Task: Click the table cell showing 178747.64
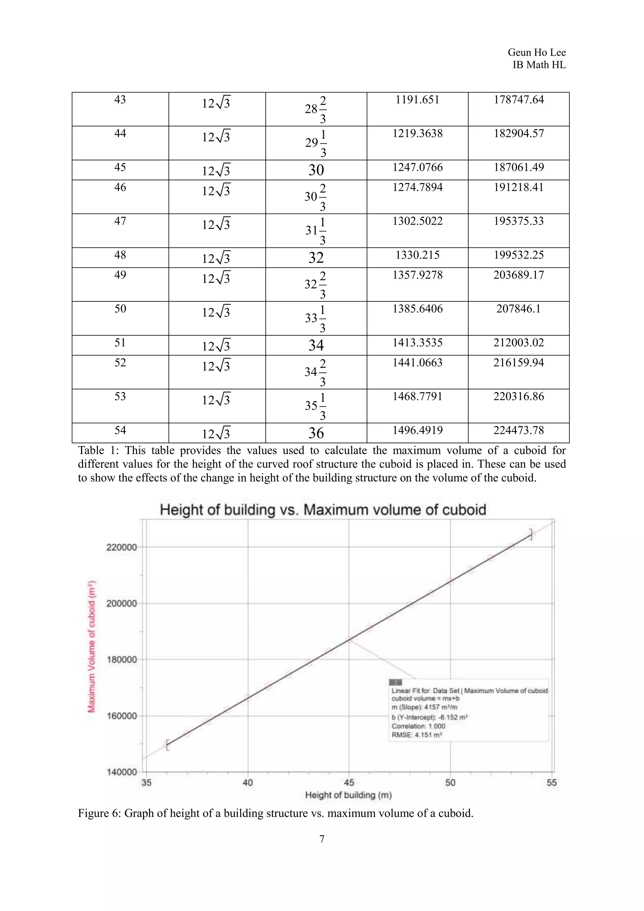(518, 100)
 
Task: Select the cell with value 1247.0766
(417, 167)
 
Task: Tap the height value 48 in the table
(120, 255)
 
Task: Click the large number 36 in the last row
(316, 433)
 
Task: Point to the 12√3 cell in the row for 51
(216, 346)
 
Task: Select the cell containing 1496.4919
(417, 431)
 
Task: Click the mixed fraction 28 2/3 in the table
(316, 109)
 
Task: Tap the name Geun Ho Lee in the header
(536, 52)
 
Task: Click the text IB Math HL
(539, 65)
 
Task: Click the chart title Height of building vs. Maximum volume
(323, 510)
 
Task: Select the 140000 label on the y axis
(121, 772)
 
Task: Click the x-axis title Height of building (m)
(348, 795)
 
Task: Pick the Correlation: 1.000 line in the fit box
(418, 726)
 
